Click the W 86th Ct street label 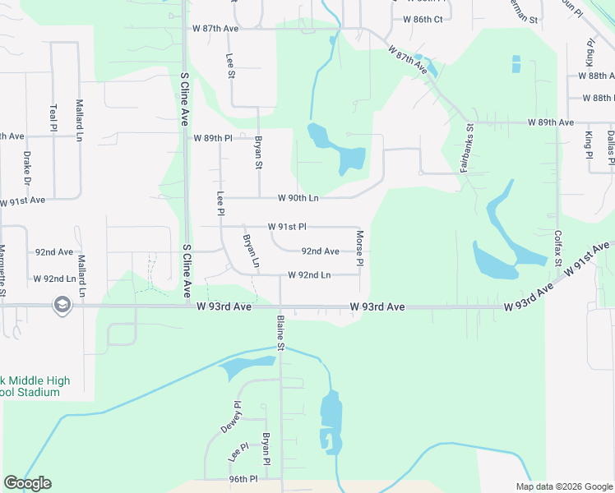[423, 18]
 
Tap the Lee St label [230, 67]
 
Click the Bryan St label [258, 153]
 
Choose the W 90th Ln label [298, 198]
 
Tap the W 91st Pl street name [287, 226]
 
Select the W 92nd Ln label [309, 275]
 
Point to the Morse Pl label [359, 249]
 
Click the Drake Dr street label [27, 168]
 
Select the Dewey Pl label [230, 417]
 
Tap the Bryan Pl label [266, 449]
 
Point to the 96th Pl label [243, 479]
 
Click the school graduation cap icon [62, 306]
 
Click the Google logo [27, 483]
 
